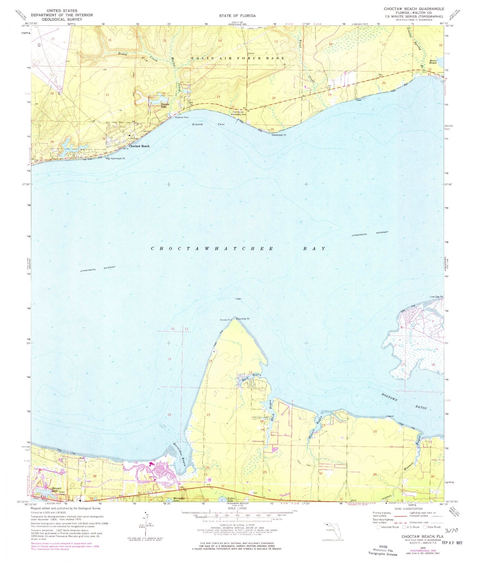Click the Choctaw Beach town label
click(x=139, y=146)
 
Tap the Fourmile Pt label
click(x=243, y=319)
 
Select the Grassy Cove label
click(x=208, y=124)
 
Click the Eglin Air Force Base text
click(x=238, y=58)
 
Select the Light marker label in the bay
click(x=238, y=299)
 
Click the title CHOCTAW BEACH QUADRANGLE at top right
click(x=414, y=9)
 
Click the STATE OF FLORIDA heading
click(x=237, y=16)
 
